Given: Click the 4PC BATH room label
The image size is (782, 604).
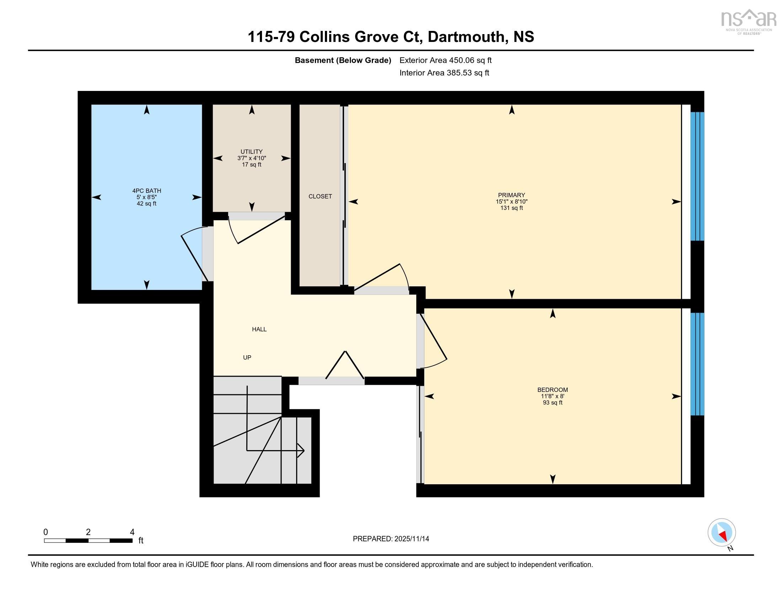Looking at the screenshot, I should pos(146,191).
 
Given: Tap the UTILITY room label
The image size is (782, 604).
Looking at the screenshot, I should pos(251,152).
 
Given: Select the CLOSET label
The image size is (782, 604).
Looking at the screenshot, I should pos(320,196).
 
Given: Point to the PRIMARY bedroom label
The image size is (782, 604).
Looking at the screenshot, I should pos(511,195).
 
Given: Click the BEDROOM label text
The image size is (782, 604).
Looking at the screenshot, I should pos(552,390).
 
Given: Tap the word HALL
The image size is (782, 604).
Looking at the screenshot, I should pos(259,329).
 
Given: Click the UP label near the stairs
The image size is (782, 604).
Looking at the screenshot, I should pos(247,357).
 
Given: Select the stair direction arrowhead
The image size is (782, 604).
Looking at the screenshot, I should pos(301,451).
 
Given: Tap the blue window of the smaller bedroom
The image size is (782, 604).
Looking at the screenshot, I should pos(697,364).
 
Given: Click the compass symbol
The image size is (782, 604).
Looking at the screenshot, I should pos(722,533).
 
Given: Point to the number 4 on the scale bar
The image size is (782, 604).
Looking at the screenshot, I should pos(132,532).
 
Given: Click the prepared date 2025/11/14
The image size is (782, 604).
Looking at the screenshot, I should pos(411,539).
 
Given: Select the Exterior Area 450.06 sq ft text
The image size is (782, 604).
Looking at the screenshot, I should pos(445,60).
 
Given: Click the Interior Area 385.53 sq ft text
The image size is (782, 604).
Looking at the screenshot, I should pos(444,72).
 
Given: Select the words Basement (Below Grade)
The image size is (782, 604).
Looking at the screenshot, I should pos(343,60).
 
